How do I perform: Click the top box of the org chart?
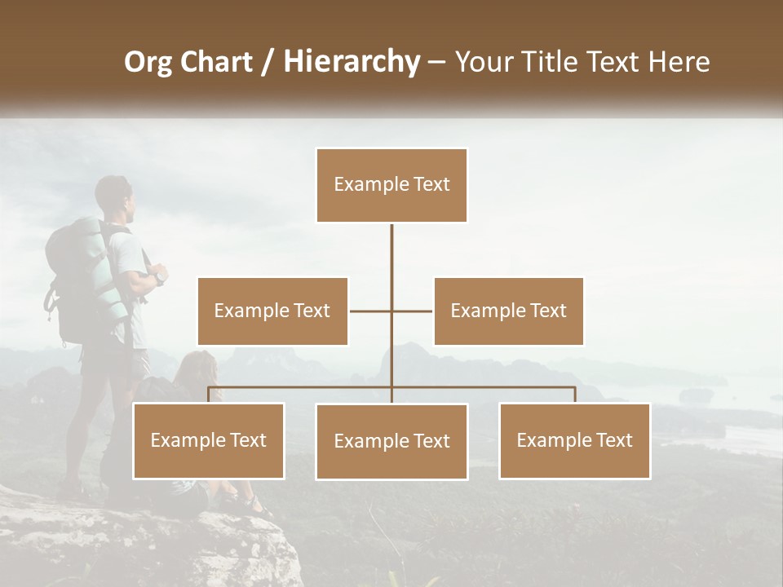pyautogui.click(x=391, y=185)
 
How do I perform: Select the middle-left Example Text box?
pyautogui.click(x=272, y=311)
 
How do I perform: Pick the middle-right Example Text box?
pyautogui.click(x=508, y=311)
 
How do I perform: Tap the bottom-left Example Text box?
pyautogui.click(x=209, y=440)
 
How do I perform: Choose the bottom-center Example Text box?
pyautogui.click(x=391, y=441)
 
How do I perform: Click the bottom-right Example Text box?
pyautogui.click(x=574, y=440)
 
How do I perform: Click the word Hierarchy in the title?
pyautogui.click(x=352, y=61)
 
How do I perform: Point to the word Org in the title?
pyautogui.click(x=148, y=62)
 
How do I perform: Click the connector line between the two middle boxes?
pyautogui.click(x=371, y=311)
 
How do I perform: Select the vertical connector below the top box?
pyautogui.click(x=391, y=253)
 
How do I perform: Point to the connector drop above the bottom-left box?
pyautogui.click(x=209, y=395)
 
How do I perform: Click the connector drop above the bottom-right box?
pyautogui.click(x=574, y=395)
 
